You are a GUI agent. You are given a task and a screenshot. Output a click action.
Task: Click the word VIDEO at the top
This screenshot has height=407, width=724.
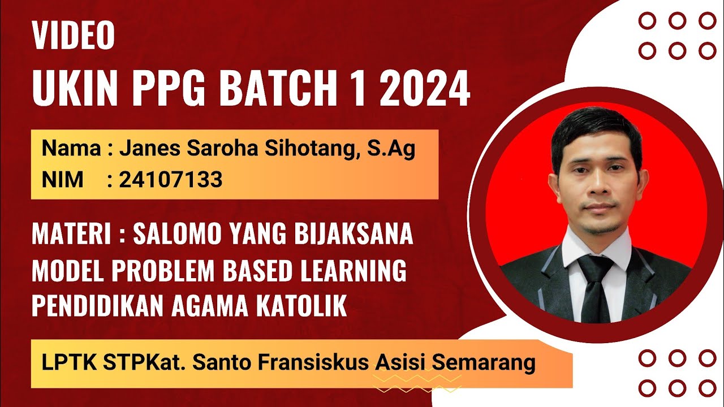(x=74, y=36)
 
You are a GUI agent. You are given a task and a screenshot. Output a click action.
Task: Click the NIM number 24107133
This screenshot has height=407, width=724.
(x=171, y=180)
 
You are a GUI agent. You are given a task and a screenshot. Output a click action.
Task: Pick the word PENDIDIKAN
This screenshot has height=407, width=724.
(x=90, y=307)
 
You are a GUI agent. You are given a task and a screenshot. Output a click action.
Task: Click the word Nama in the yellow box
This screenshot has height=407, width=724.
(x=70, y=150)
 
